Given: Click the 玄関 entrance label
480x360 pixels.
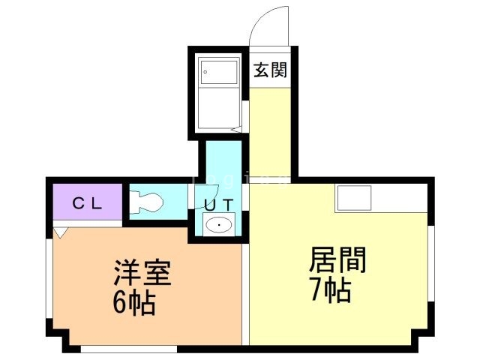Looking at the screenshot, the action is tap(270, 70).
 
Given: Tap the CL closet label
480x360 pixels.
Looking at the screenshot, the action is tap(87, 203).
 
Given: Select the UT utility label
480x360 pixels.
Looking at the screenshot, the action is tap(219, 205).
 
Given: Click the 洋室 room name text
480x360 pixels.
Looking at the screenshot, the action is tap(142, 272).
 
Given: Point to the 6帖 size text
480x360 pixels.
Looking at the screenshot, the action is tap(134, 303).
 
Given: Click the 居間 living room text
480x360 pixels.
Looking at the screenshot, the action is tap(337, 260).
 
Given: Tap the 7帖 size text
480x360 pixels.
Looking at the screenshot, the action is tap(331, 290).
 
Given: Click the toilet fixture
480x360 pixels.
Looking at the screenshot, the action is tap(146, 202).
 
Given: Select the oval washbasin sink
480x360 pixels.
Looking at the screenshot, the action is tap(219, 225).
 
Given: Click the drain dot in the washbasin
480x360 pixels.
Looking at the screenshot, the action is tap(220, 225).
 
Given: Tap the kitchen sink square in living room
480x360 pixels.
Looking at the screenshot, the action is tap(354, 198).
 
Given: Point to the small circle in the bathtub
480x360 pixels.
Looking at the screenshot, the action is tap(205, 72).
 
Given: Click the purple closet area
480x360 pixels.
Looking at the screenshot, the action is tap(88, 202).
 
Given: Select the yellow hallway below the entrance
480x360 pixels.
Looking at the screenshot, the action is tap(270, 135).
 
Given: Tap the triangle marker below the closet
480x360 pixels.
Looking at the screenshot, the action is tap(60, 232).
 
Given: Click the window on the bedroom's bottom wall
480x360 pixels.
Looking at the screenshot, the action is tap(129, 349).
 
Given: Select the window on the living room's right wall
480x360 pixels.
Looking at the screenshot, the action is tap(431, 263).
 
